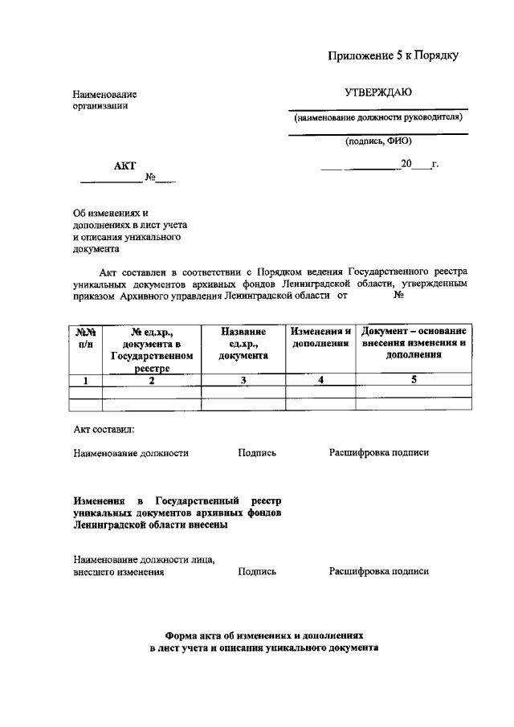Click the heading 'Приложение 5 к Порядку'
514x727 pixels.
point(393,55)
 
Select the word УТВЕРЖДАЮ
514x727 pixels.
point(378,92)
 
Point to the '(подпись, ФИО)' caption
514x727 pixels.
point(378,141)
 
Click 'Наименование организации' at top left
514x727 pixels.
point(104,100)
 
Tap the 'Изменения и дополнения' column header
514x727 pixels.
point(320,337)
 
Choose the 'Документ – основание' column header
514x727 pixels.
point(414,343)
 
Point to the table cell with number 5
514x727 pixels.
point(414,381)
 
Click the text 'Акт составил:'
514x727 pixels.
point(104,430)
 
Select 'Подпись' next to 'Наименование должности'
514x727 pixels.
point(257,453)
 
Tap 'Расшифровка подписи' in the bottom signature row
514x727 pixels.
point(378,572)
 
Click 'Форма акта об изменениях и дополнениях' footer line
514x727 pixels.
point(263,633)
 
